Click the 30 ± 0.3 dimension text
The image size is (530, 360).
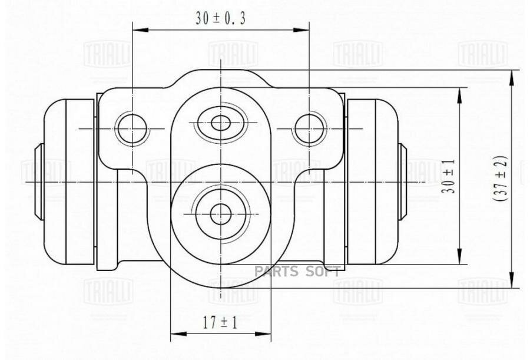pyautogui.click(x=220, y=18)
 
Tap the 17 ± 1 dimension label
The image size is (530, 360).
pyautogui.click(x=220, y=323)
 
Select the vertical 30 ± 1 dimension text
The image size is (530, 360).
pyautogui.click(x=449, y=176)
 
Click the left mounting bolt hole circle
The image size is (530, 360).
pyautogui.click(x=132, y=128)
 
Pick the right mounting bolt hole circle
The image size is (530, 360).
pyautogui.click(x=309, y=128)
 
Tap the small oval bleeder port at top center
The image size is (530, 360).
pyautogui.click(x=221, y=123)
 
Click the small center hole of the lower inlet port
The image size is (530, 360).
pyautogui.click(x=221, y=214)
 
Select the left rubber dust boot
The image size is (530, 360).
pyautogui.click(x=69, y=181)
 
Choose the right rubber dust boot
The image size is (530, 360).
pyautogui.click(x=373, y=181)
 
